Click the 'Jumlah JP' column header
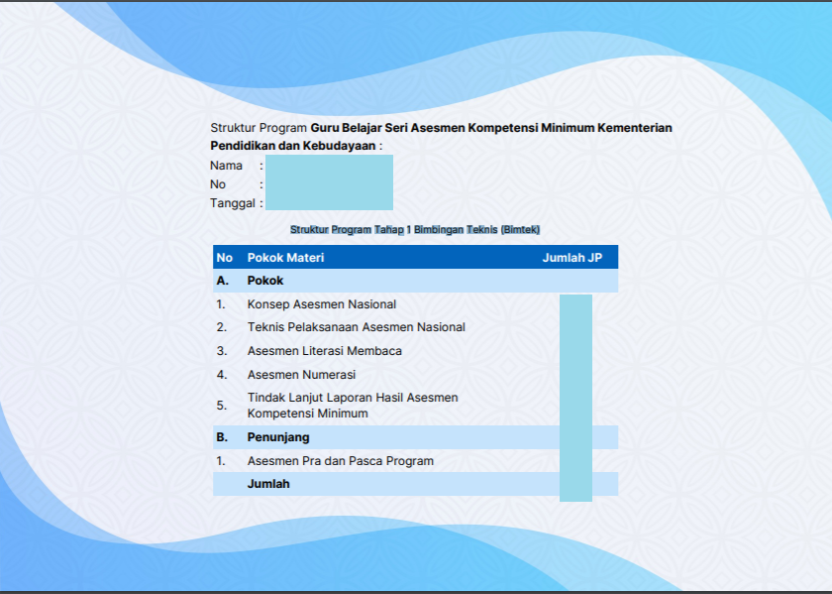click(x=572, y=258)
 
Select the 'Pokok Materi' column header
click(x=285, y=258)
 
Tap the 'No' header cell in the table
click(x=225, y=258)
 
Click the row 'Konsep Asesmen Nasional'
click(x=322, y=304)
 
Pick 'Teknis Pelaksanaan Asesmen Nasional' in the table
click(x=356, y=327)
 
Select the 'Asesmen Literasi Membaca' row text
click(x=324, y=351)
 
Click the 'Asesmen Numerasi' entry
click(x=301, y=375)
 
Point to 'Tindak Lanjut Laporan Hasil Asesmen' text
click(x=353, y=398)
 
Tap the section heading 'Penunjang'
click(x=278, y=437)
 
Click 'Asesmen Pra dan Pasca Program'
click(x=340, y=461)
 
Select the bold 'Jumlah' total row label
click(x=268, y=484)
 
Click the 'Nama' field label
click(x=226, y=166)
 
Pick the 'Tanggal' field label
click(x=233, y=203)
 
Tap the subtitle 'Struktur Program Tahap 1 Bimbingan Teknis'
click(x=414, y=229)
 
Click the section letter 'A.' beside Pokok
click(x=223, y=281)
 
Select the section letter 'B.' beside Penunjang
click(x=223, y=437)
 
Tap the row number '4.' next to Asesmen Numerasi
click(x=222, y=375)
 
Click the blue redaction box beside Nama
click(x=329, y=182)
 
